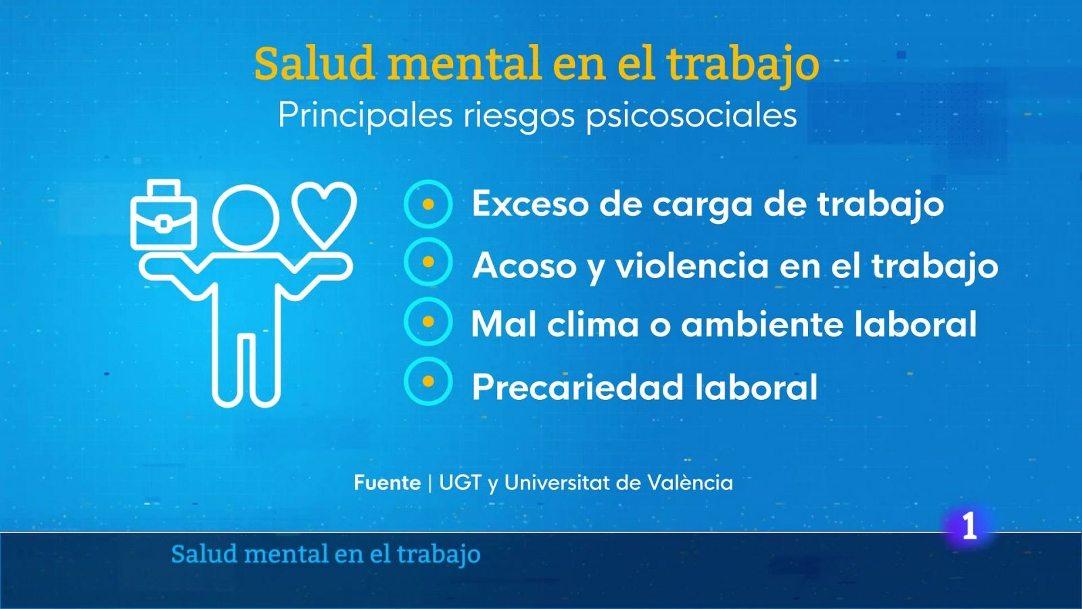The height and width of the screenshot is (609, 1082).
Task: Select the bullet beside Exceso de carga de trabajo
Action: tap(428, 204)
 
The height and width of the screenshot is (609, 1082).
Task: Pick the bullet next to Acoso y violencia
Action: tap(428, 262)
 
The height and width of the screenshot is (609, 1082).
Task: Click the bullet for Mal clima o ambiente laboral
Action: tap(428, 321)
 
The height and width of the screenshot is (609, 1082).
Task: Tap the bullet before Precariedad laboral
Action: tap(428, 381)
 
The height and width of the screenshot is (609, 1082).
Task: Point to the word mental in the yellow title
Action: tap(465, 64)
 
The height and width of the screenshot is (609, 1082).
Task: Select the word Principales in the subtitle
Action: tap(365, 116)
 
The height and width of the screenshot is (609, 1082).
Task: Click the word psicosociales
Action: tap(691, 116)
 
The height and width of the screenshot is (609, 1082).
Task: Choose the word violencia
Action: tap(691, 265)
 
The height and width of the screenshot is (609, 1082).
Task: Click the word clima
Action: tap(593, 324)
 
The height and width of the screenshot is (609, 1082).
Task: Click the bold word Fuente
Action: tap(387, 482)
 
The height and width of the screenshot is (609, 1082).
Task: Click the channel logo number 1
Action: tap(970, 526)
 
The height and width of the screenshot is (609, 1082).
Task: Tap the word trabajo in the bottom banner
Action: tap(438, 554)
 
